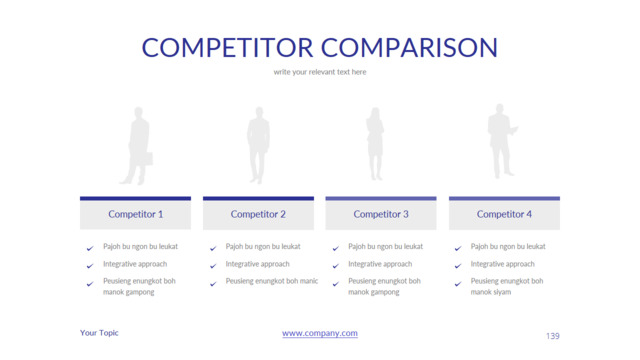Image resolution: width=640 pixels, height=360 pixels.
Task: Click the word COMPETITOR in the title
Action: [227, 47]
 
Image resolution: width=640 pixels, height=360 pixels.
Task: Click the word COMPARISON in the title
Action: [409, 47]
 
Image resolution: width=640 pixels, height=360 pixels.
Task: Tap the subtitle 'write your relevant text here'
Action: [320, 72]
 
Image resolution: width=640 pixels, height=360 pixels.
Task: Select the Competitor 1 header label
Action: [136, 214]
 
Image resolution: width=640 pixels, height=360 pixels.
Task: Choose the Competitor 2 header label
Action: [258, 214]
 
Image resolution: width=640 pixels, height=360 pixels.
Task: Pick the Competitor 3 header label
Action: [381, 214]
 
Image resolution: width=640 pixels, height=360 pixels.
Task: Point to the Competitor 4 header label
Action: [504, 214]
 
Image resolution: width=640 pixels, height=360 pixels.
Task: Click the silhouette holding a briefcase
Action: [138, 146]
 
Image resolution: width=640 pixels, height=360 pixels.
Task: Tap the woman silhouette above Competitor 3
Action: [375, 144]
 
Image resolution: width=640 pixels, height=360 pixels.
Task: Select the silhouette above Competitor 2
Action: [258, 145]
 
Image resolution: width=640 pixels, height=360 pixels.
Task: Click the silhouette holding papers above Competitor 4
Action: [501, 141]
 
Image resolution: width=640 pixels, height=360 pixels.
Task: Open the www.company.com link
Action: [320, 333]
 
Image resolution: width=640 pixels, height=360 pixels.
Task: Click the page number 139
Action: [553, 336]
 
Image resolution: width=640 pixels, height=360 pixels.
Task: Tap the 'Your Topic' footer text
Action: [99, 333]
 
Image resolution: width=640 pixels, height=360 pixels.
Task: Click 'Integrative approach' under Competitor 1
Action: [135, 264]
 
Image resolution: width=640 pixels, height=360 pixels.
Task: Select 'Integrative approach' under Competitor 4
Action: [502, 264]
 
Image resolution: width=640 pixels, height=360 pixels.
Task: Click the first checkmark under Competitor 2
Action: [213, 248]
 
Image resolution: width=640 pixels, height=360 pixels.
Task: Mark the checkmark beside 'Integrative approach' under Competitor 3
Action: [336, 266]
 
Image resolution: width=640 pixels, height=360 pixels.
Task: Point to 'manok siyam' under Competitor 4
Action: [491, 292]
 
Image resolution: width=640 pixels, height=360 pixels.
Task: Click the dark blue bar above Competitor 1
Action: [136, 199]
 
